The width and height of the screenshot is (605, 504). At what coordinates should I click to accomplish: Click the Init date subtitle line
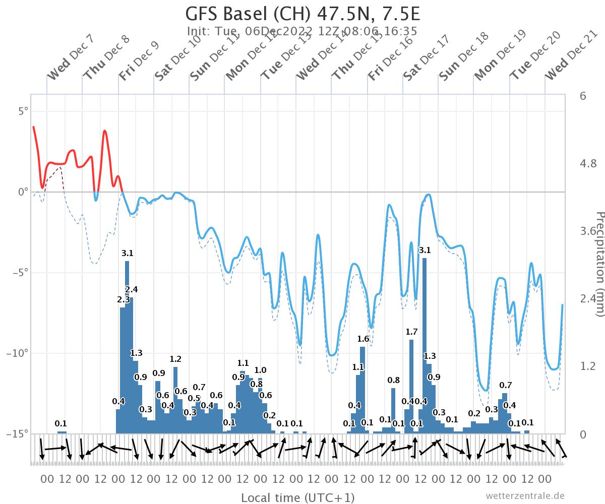[302, 31]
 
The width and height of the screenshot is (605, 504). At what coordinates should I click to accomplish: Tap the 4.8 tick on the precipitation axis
[588, 163]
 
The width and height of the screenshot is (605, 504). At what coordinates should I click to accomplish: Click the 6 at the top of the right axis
[583, 96]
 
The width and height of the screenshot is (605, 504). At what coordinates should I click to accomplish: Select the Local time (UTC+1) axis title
[297, 498]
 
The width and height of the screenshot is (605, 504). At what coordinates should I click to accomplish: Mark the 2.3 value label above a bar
[123, 300]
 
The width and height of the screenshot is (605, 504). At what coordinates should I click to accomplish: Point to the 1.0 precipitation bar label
[260, 370]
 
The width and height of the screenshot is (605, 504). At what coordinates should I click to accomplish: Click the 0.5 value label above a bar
[194, 398]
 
